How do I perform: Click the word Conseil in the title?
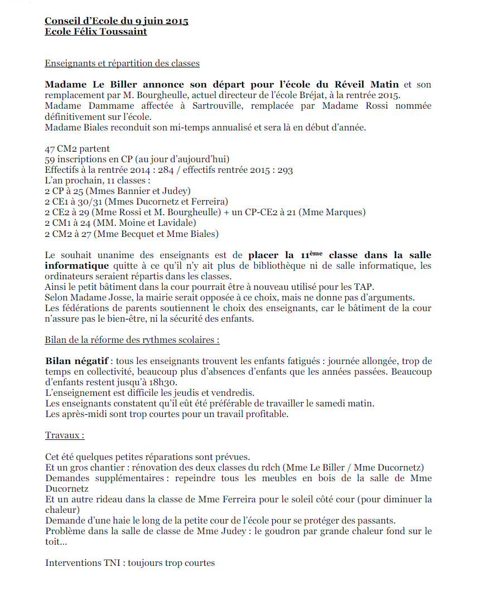[63, 21]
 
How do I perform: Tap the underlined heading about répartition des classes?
[122, 64]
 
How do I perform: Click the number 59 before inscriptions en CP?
[50, 159]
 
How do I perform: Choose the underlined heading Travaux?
[65, 435]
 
